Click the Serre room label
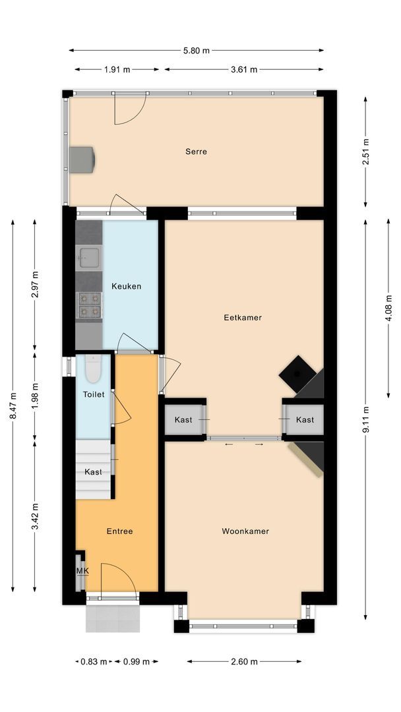(196, 152)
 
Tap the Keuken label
(126, 286)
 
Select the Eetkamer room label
(243, 317)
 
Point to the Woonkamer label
(245, 531)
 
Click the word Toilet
(93, 394)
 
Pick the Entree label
(120, 531)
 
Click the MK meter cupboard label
(82, 571)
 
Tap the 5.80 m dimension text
(196, 50)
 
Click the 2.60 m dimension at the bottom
(244, 661)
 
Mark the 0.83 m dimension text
(92, 661)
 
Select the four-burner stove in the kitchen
(89, 305)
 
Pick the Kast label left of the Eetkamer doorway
(184, 420)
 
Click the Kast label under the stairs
(93, 472)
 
